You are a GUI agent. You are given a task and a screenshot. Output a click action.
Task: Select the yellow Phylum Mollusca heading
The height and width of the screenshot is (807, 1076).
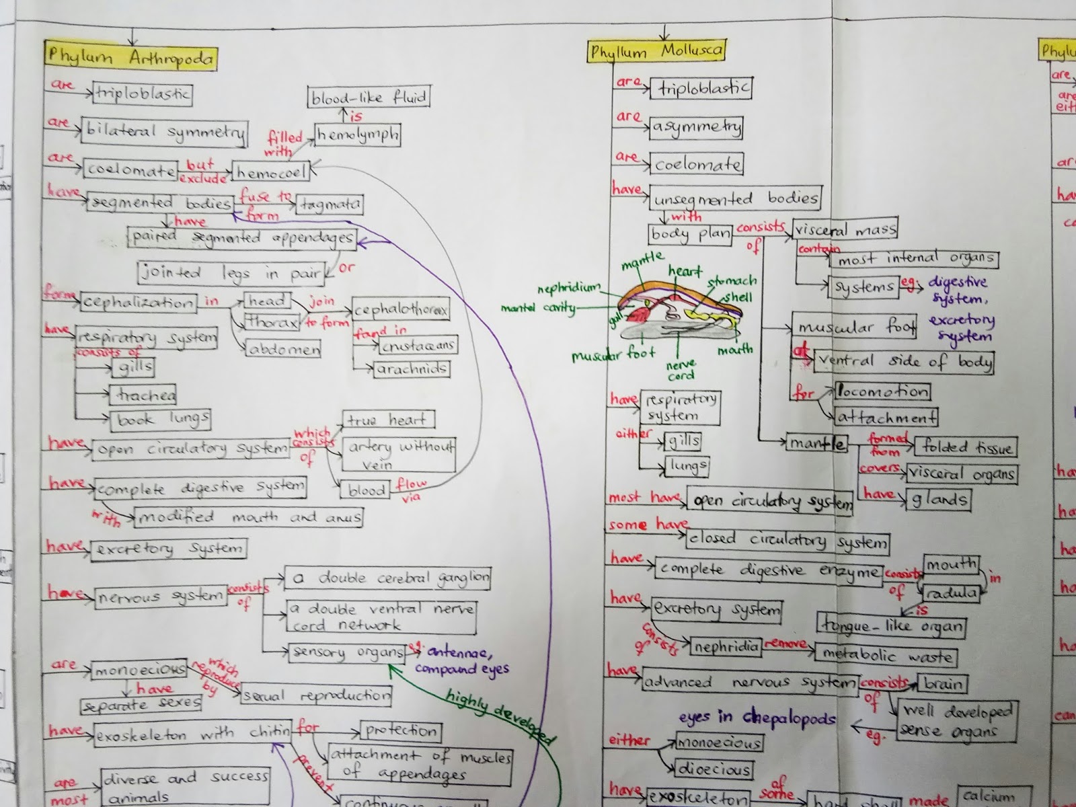pos(656,51)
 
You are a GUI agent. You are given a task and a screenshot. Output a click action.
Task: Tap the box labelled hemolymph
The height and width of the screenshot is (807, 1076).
pos(358,135)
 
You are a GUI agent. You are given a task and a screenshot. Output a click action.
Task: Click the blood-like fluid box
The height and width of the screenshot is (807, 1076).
pos(369,98)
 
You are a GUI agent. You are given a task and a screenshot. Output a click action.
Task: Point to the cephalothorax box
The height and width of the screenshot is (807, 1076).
pos(401,310)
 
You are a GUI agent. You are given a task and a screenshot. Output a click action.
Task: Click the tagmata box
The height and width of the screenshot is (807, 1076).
pos(330,204)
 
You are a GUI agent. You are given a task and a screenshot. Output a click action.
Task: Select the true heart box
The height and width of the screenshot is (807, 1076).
pos(387,420)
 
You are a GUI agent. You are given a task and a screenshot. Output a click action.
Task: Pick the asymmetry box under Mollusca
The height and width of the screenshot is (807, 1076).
pos(696,126)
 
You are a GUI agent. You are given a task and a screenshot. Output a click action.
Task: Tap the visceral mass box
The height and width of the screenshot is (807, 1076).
pos(845,229)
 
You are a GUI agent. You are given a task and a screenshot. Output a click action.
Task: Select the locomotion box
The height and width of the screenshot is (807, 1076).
pos(882,391)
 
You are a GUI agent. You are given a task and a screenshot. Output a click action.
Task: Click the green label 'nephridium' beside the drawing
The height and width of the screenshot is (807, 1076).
pos(568,288)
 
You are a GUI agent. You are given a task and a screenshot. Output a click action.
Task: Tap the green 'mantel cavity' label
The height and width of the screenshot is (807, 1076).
pos(538,308)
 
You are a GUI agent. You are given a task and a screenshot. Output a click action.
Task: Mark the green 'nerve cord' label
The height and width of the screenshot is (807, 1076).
pos(681,371)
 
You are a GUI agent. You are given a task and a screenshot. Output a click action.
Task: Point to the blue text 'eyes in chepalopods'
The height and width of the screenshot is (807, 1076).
pos(757,717)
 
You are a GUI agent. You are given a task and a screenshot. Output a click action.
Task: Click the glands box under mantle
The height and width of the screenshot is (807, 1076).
pos(939,498)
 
